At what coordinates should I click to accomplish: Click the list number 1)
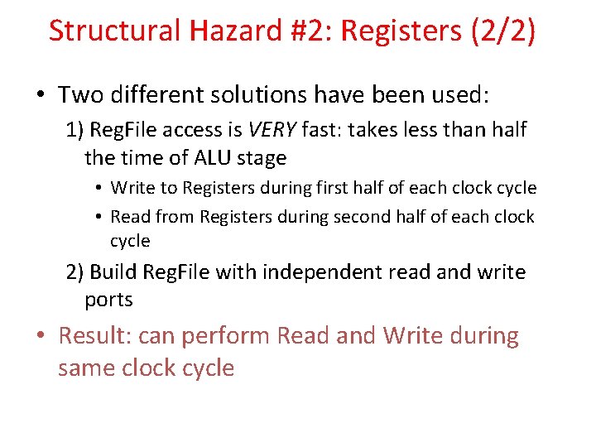click(x=75, y=130)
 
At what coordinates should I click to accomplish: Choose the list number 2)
click(x=75, y=272)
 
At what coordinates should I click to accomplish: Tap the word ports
click(x=108, y=300)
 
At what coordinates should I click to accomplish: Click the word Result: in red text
click(x=94, y=336)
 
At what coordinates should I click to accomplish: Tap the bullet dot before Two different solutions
click(x=40, y=94)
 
